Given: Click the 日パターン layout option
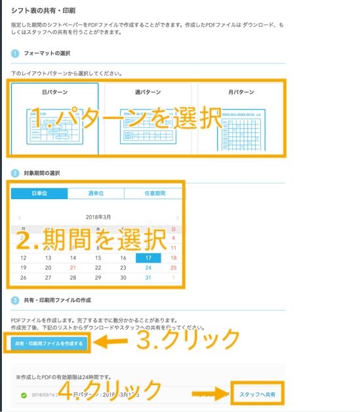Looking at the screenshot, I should (x=55, y=118).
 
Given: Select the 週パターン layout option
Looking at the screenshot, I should (x=148, y=118).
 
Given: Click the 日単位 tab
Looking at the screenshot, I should (x=39, y=193).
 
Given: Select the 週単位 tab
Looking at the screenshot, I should (x=96, y=193).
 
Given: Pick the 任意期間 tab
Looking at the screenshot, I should (x=155, y=193).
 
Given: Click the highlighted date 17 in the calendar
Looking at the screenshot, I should (x=148, y=258).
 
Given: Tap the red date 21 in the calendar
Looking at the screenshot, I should (x=73, y=268).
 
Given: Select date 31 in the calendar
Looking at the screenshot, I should (x=148, y=278).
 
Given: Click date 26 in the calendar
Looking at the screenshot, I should (x=24, y=278).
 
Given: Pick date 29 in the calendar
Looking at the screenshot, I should (x=98, y=278).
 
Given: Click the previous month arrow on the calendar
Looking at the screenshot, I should (x=20, y=217).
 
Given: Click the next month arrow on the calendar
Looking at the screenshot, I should (x=178, y=217).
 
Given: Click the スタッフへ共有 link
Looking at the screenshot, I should (x=257, y=395).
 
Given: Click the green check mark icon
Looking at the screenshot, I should (x=24, y=395).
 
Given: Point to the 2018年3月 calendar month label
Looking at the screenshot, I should (x=98, y=217).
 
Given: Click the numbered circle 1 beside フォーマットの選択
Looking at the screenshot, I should (x=14, y=53).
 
